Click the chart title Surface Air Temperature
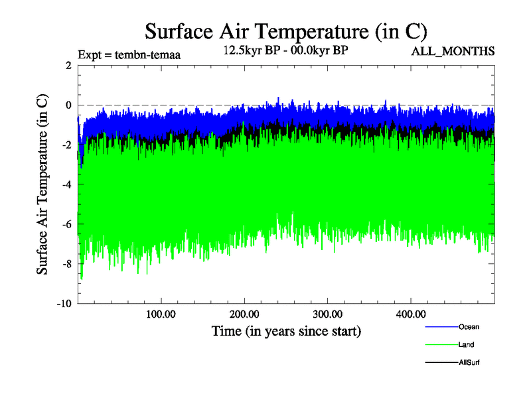(x=286, y=31)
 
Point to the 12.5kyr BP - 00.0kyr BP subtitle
(x=285, y=51)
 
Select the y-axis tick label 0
(x=68, y=105)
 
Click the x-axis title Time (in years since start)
(x=286, y=330)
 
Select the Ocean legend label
(x=469, y=326)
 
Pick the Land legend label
(x=466, y=345)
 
